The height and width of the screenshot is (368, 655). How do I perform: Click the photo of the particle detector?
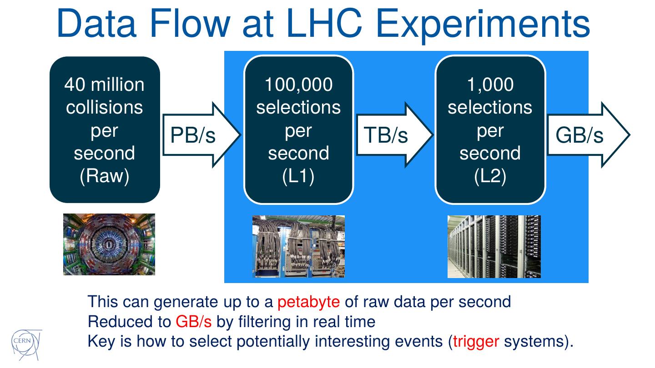point(109,244)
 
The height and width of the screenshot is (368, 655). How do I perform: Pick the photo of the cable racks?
point(298,246)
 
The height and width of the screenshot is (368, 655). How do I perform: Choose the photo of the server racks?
point(494,246)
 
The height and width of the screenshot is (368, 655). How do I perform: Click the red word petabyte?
point(308,302)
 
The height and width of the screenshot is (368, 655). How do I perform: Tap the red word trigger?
point(476,341)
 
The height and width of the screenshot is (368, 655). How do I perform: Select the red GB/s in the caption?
point(194,322)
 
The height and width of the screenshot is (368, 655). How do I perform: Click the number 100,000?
point(298,85)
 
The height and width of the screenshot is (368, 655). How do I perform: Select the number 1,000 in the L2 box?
point(490,85)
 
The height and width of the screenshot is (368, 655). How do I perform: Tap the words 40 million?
point(105,85)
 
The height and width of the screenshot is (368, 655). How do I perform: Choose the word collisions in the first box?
point(105,108)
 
